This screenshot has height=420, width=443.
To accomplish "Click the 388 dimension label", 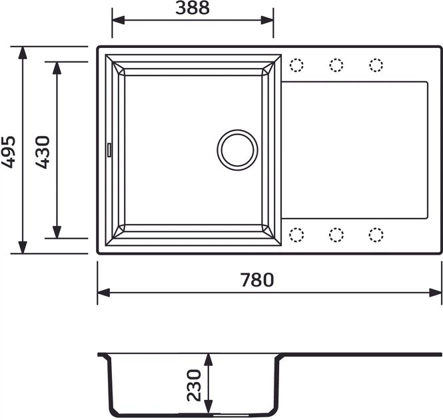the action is [x=193, y=8].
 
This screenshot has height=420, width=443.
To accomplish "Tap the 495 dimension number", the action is [x=8, y=152].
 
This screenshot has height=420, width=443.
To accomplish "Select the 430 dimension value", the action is [x=43, y=152].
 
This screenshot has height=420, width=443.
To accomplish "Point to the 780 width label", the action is [x=257, y=280].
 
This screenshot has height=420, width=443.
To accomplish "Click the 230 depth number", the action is [x=194, y=385].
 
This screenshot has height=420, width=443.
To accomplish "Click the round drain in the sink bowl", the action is [x=237, y=150].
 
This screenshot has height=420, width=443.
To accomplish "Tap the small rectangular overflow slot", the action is [x=109, y=150].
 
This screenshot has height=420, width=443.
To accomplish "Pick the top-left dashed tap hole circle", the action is [x=296, y=65].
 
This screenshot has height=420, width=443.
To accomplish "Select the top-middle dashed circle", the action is [x=336, y=65].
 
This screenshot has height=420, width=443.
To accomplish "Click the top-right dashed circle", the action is [x=376, y=65].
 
